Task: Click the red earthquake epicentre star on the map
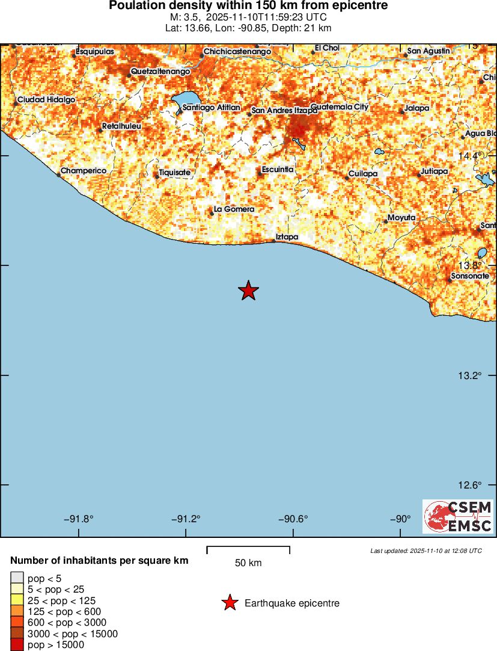point(248,291)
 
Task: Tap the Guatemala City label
point(340,106)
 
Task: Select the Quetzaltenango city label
point(160,71)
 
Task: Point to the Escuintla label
point(278,170)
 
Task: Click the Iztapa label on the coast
point(287,237)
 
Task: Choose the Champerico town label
point(84,171)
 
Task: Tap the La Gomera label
point(234,209)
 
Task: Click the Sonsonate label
point(470,276)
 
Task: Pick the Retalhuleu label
point(122,126)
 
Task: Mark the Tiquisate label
point(174,173)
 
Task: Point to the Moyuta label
point(401,217)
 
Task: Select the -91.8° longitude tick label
point(82,519)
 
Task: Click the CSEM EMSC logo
point(458,516)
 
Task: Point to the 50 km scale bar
point(248,550)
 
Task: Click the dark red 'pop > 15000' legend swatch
point(16,645)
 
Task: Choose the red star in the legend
point(230,603)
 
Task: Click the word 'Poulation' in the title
point(136,6)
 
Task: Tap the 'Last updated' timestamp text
point(425,551)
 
